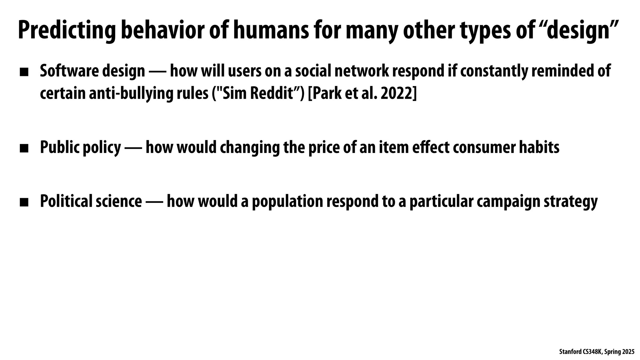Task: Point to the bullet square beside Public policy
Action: tap(24, 148)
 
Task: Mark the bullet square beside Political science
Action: tap(24, 202)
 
